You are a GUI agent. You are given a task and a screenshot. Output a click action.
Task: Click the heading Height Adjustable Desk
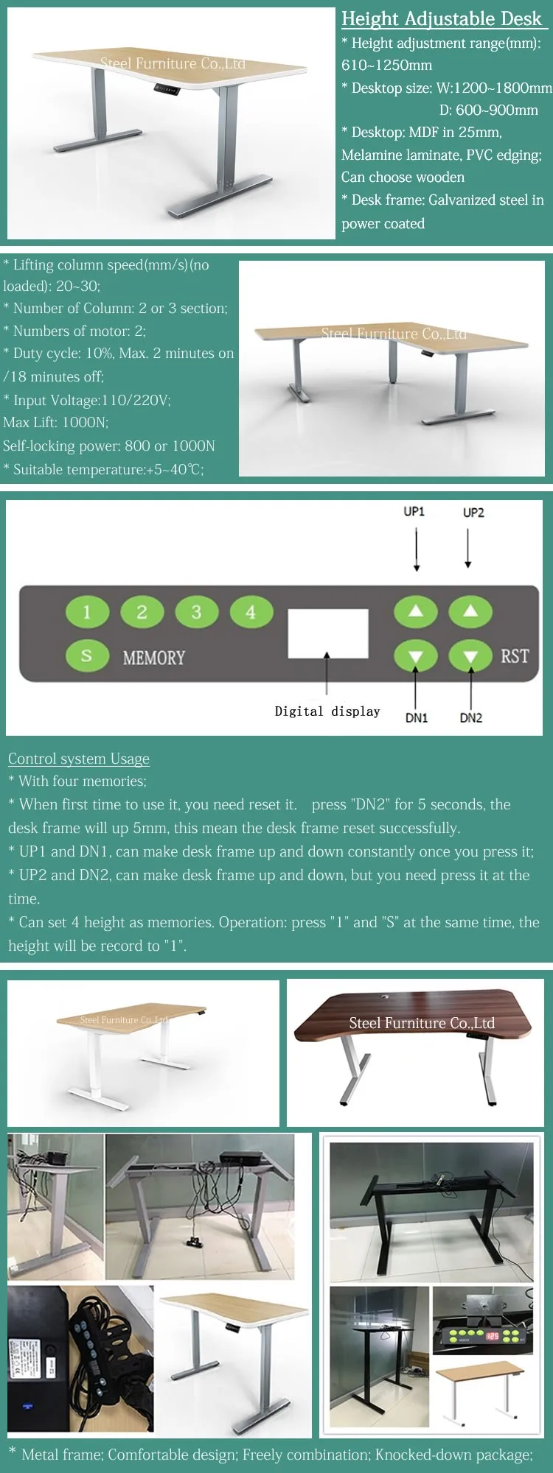pos(441,18)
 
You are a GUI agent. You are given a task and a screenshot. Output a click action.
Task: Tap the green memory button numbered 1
pos(87,612)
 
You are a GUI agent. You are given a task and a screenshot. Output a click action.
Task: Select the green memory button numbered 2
pos(142,612)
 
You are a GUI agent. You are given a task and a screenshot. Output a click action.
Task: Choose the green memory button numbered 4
pos(251,612)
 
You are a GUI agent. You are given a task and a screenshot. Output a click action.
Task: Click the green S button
pos(87,655)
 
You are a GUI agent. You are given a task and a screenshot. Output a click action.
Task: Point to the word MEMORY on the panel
pos(153,658)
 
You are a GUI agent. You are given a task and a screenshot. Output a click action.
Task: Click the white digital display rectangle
pos(328,633)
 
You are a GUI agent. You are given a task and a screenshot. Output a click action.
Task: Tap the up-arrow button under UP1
pos(416,611)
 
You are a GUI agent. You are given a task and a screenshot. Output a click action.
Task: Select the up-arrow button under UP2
pos(470,611)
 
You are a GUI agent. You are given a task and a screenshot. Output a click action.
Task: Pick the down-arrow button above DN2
pos(470,655)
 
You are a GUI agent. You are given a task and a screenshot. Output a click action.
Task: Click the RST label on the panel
pos(515,655)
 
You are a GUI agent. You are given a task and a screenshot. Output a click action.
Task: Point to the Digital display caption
pos(327,711)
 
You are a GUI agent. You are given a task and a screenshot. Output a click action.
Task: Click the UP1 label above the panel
pos(414,511)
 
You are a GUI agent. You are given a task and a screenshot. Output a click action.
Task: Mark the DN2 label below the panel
pos(471,718)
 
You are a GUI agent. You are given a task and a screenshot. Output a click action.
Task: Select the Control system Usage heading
pos(79,759)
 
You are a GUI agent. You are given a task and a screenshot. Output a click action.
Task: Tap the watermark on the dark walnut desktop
pos(422,1023)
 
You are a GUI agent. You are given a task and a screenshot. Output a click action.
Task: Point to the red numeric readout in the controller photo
pos(492,1335)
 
